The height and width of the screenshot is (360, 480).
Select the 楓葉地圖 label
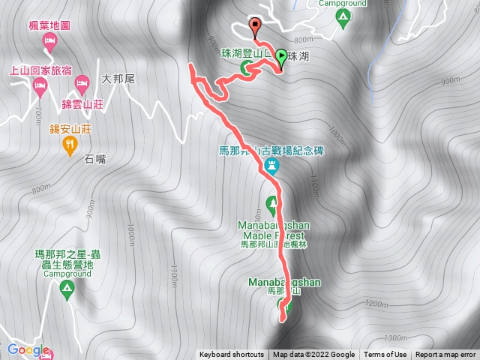click(49, 25)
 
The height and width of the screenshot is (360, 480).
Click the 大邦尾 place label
click(116, 78)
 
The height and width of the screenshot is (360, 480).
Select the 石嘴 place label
click(96, 158)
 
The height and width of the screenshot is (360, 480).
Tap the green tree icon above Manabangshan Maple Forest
click(271, 202)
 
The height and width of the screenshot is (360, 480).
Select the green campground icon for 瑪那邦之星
click(67, 288)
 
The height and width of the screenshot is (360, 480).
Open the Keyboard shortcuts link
click(232, 355)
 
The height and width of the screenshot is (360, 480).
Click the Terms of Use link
click(385, 355)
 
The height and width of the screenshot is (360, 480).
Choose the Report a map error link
click(446, 355)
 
